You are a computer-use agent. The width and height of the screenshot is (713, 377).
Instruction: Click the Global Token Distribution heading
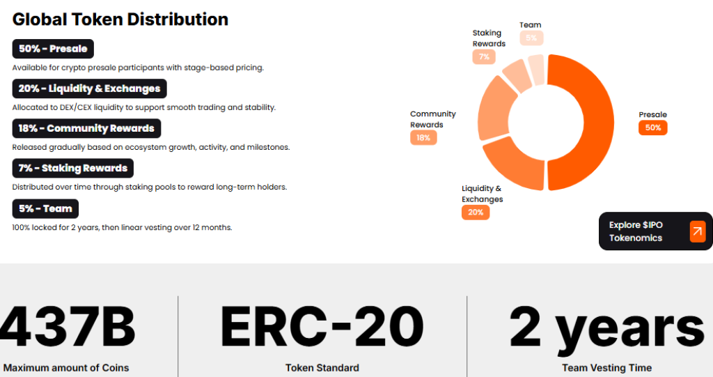point(120,19)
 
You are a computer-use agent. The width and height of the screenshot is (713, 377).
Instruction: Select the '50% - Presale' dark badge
point(53,49)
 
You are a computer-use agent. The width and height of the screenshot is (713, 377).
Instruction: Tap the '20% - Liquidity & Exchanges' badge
point(90,89)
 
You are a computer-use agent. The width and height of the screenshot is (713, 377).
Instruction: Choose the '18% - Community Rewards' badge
point(86,128)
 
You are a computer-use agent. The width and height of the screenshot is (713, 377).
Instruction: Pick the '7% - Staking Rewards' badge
point(72,168)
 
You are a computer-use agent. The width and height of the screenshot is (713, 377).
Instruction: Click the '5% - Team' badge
point(45,208)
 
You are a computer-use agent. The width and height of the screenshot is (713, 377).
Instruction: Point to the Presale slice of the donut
point(588,122)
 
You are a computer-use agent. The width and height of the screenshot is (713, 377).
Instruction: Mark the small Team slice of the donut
point(535,68)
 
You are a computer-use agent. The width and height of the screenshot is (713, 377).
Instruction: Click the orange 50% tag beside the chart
point(652,128)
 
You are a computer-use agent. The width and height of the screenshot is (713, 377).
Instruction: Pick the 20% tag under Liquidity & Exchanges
point(476,212)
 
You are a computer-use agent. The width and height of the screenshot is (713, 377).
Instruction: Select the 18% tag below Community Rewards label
point(423,138)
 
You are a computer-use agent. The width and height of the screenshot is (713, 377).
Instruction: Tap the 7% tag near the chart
point(483,56)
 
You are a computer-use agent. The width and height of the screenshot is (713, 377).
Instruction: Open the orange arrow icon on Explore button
point(697,231)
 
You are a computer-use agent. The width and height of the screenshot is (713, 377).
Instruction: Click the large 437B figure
point(68,328)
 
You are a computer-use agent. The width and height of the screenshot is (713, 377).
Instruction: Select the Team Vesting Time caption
point(606,367)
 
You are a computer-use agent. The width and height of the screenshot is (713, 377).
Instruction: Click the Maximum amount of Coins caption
point(66,367)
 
